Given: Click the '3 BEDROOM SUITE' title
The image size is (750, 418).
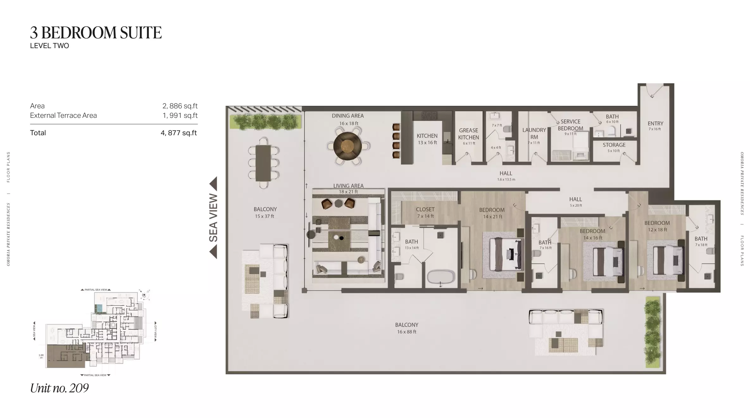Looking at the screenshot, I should coord(96,33).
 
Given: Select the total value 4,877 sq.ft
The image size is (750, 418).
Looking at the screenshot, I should coord(179,133).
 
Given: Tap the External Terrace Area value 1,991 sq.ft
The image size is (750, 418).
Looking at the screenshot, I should coord(180,116).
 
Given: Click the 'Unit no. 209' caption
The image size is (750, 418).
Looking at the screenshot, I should coord(59,388).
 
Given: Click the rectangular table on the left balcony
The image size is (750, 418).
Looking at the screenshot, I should coord(263,163).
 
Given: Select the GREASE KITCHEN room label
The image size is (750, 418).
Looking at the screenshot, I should coord(469,134).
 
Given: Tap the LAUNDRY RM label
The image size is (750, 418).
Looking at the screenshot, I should coord(534,134).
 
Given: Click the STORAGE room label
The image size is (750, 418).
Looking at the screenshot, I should coord(614,145).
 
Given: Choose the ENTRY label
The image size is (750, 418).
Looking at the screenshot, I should coord(655,124).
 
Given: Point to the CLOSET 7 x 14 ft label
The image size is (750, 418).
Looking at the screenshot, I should coord(425,212).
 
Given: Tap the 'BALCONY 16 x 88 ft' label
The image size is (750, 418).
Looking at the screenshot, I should coord(407,328).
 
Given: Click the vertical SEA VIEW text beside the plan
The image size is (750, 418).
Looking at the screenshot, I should coord(214,218).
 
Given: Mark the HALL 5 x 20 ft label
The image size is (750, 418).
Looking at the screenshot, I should coord(575,201).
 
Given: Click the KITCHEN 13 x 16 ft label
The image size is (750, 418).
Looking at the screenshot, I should coord(427,139).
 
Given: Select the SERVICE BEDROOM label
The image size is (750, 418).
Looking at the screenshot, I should coord(570,125).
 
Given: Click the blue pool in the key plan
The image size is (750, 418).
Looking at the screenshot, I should coord(99,308).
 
